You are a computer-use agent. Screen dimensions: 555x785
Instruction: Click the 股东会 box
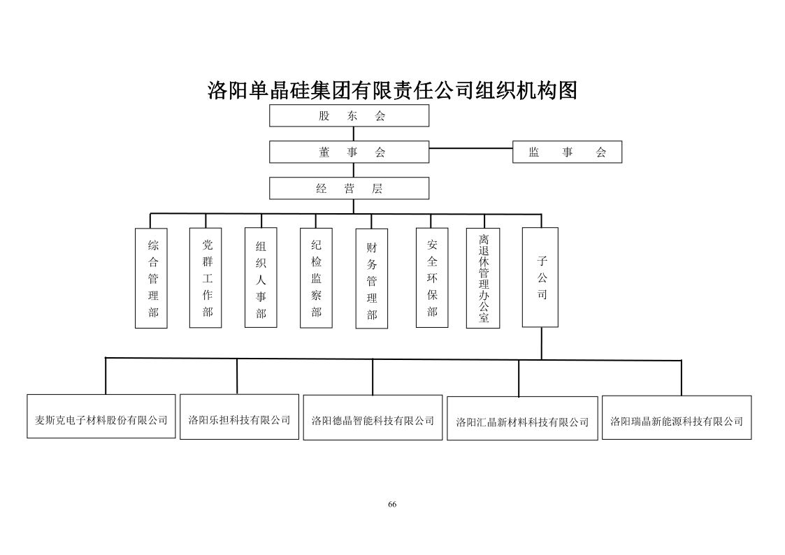tap(349, 116)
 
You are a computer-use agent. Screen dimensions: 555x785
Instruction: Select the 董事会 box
tap(349, 152)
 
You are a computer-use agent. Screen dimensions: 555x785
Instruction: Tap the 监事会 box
tap(567, 152)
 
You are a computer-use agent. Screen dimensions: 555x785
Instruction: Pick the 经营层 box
tap(349, 188)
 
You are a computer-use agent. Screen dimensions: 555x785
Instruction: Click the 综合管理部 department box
tap(151, 277)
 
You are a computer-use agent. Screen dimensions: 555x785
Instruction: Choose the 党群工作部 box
tap(206, 277)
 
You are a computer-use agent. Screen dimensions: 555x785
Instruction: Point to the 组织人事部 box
tap(261, 277)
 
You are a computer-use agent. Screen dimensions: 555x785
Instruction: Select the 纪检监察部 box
tap(316, 277)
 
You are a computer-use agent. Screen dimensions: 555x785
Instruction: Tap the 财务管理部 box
tap(371, 279)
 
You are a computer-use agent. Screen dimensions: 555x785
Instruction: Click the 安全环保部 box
tap(432, 277)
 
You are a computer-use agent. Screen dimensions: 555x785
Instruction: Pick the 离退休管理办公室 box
tap(483, 278)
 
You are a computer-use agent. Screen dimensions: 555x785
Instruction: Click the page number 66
tap(392, 505)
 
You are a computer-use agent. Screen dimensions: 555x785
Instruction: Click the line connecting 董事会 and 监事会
tap(470, 148)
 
